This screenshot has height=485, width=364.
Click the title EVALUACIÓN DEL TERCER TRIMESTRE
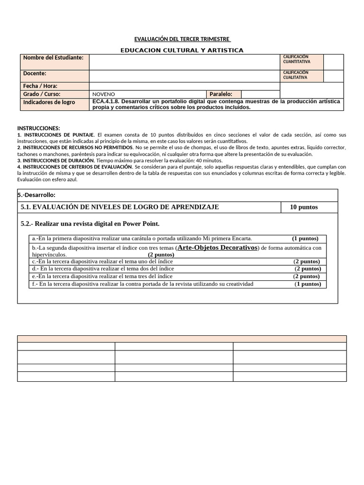pyautogui.click(x=182, y=39)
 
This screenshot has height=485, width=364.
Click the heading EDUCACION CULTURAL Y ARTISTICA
pyautogui.click(x=182, y=50)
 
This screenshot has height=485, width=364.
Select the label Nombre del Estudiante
pyautogui.click(x=53, y=58)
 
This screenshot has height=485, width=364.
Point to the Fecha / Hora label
pyautogui.click(x=40, y=86)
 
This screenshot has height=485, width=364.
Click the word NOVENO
pyautogui.click(x=103, y=94)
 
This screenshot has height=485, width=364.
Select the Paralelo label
pyautogui.click(x=221, y=94)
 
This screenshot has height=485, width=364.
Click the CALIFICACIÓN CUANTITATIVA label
pyautogui.click(x=297, y=59)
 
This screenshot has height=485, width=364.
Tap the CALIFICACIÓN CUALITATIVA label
pyautogui.click(x=296, y=75)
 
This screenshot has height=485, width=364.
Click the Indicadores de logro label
pyautogui.click(x=49, y=102)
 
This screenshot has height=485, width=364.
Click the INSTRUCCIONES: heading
pyautogui.click(x=39, y=128)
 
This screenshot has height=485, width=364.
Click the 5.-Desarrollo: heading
pyautogui.click(x=38, y=195)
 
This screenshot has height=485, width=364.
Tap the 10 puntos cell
pyautogui.click(x=304, y=207)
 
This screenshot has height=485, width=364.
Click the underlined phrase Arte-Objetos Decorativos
pyautogui.click(x=217, y=247)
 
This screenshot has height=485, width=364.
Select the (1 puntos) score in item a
pyautogui.click(x=305, y=238)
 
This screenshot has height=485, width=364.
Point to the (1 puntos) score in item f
pyautogui.click(x=308, y=284)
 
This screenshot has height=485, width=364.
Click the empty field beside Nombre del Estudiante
pyautogui.click(x=185, y=62)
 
